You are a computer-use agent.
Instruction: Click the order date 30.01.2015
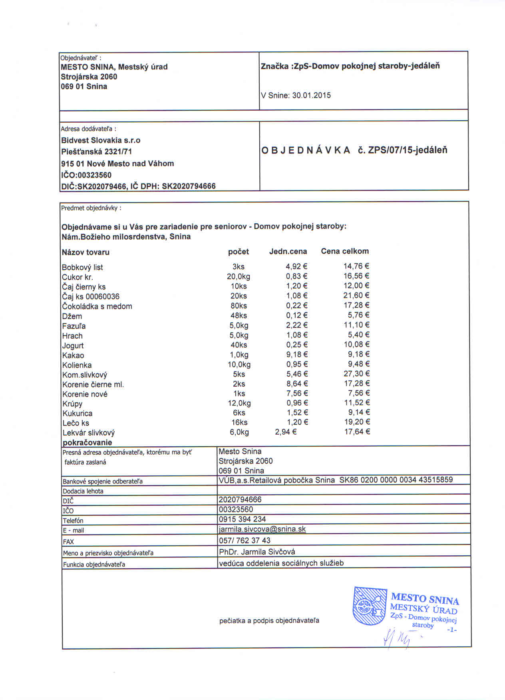click(311, 95)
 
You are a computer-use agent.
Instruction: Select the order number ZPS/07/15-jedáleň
click(408, 150)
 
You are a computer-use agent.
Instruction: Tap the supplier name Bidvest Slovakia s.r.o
click(101, 140)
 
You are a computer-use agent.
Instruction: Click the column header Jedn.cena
click(288, 251)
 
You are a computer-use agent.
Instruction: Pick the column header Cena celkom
click(345, 251)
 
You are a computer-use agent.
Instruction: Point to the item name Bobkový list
click(82, 267)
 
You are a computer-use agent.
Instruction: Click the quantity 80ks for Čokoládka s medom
click(239, 306)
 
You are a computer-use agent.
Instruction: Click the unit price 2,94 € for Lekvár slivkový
click(286, 432)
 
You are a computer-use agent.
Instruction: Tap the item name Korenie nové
click(85, 394)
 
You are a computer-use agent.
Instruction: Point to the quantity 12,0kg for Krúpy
click(239, 403)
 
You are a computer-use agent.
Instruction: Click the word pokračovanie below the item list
click(87, 442)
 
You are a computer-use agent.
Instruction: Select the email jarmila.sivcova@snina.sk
click(262, 529)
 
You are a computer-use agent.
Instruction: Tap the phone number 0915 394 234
click(243, 519)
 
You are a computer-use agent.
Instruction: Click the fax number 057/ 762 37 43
click(245, 541)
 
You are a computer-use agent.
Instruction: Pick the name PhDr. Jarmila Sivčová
click(257, 552)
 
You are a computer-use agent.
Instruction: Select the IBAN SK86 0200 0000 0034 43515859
click(396, 480)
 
